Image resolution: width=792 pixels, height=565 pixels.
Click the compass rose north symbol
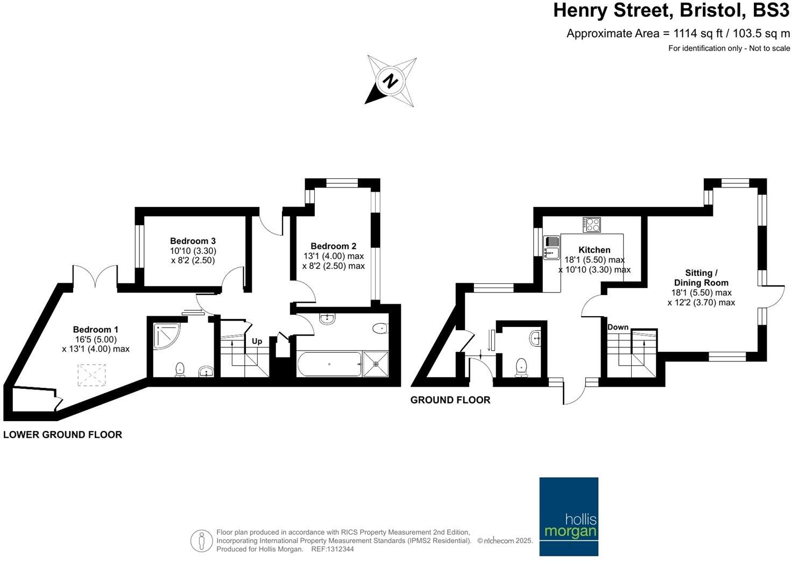(391, 81)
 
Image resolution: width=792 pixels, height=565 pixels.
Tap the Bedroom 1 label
(96, 329)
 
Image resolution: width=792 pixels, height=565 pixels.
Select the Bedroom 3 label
(193, 241)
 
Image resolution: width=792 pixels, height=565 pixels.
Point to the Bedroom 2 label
(334, 246)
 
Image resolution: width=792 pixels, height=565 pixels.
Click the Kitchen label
(594, 249)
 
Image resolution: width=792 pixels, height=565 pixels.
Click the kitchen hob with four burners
(591, 224)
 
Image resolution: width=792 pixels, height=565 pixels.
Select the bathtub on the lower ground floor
(329, 364)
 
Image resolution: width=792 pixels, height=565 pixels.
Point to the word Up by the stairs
(257, 341)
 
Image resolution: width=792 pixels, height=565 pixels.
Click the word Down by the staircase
(618, 327)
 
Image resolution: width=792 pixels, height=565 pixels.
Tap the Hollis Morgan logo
(569, 516)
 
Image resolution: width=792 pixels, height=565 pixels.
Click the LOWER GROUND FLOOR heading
(62, 434)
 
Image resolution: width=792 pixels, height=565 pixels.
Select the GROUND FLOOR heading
(450, 400)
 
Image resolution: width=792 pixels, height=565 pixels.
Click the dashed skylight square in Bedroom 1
(93, 375)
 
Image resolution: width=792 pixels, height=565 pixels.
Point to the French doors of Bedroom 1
(95, 278)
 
